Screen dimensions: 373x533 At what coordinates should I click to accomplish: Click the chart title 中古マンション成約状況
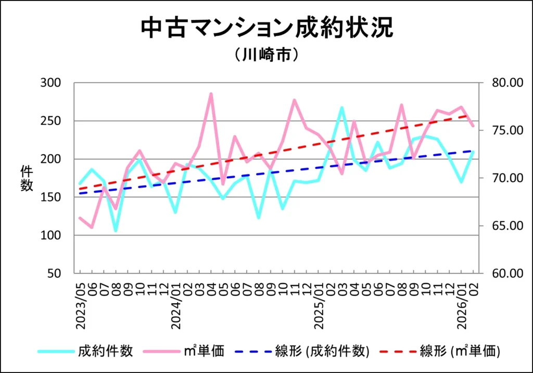tap(266, 29)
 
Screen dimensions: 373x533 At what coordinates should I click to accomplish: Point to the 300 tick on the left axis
tap(50, 83)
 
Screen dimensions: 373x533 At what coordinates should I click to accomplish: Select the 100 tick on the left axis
tap(50, 235)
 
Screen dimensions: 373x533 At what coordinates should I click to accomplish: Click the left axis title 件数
tap(27, 178)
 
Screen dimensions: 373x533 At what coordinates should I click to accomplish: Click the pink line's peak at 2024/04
tap(211, 94)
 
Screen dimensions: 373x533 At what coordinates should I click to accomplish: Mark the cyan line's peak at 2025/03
tap(342, 108)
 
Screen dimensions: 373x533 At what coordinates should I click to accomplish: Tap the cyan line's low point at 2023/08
tap(116, 230)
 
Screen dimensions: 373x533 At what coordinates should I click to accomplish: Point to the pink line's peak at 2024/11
tap(294, 100)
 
